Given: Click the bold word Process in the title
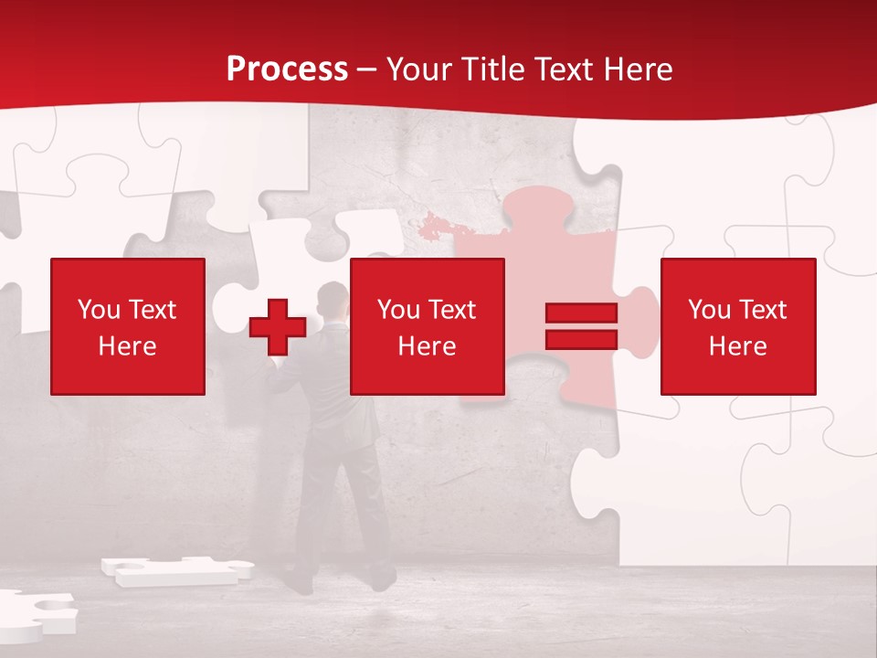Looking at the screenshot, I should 287,69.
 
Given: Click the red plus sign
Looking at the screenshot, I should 278,327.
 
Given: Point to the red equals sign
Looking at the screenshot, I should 581,327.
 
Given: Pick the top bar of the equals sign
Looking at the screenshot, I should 581,313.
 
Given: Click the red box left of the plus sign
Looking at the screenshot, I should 128,327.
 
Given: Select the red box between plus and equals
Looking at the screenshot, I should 428,327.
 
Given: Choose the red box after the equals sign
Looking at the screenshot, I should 738,327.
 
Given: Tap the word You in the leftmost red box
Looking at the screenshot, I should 99,310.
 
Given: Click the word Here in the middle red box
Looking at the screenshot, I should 428,346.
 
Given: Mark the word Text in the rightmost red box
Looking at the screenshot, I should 764,310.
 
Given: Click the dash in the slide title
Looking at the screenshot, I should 366,70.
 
